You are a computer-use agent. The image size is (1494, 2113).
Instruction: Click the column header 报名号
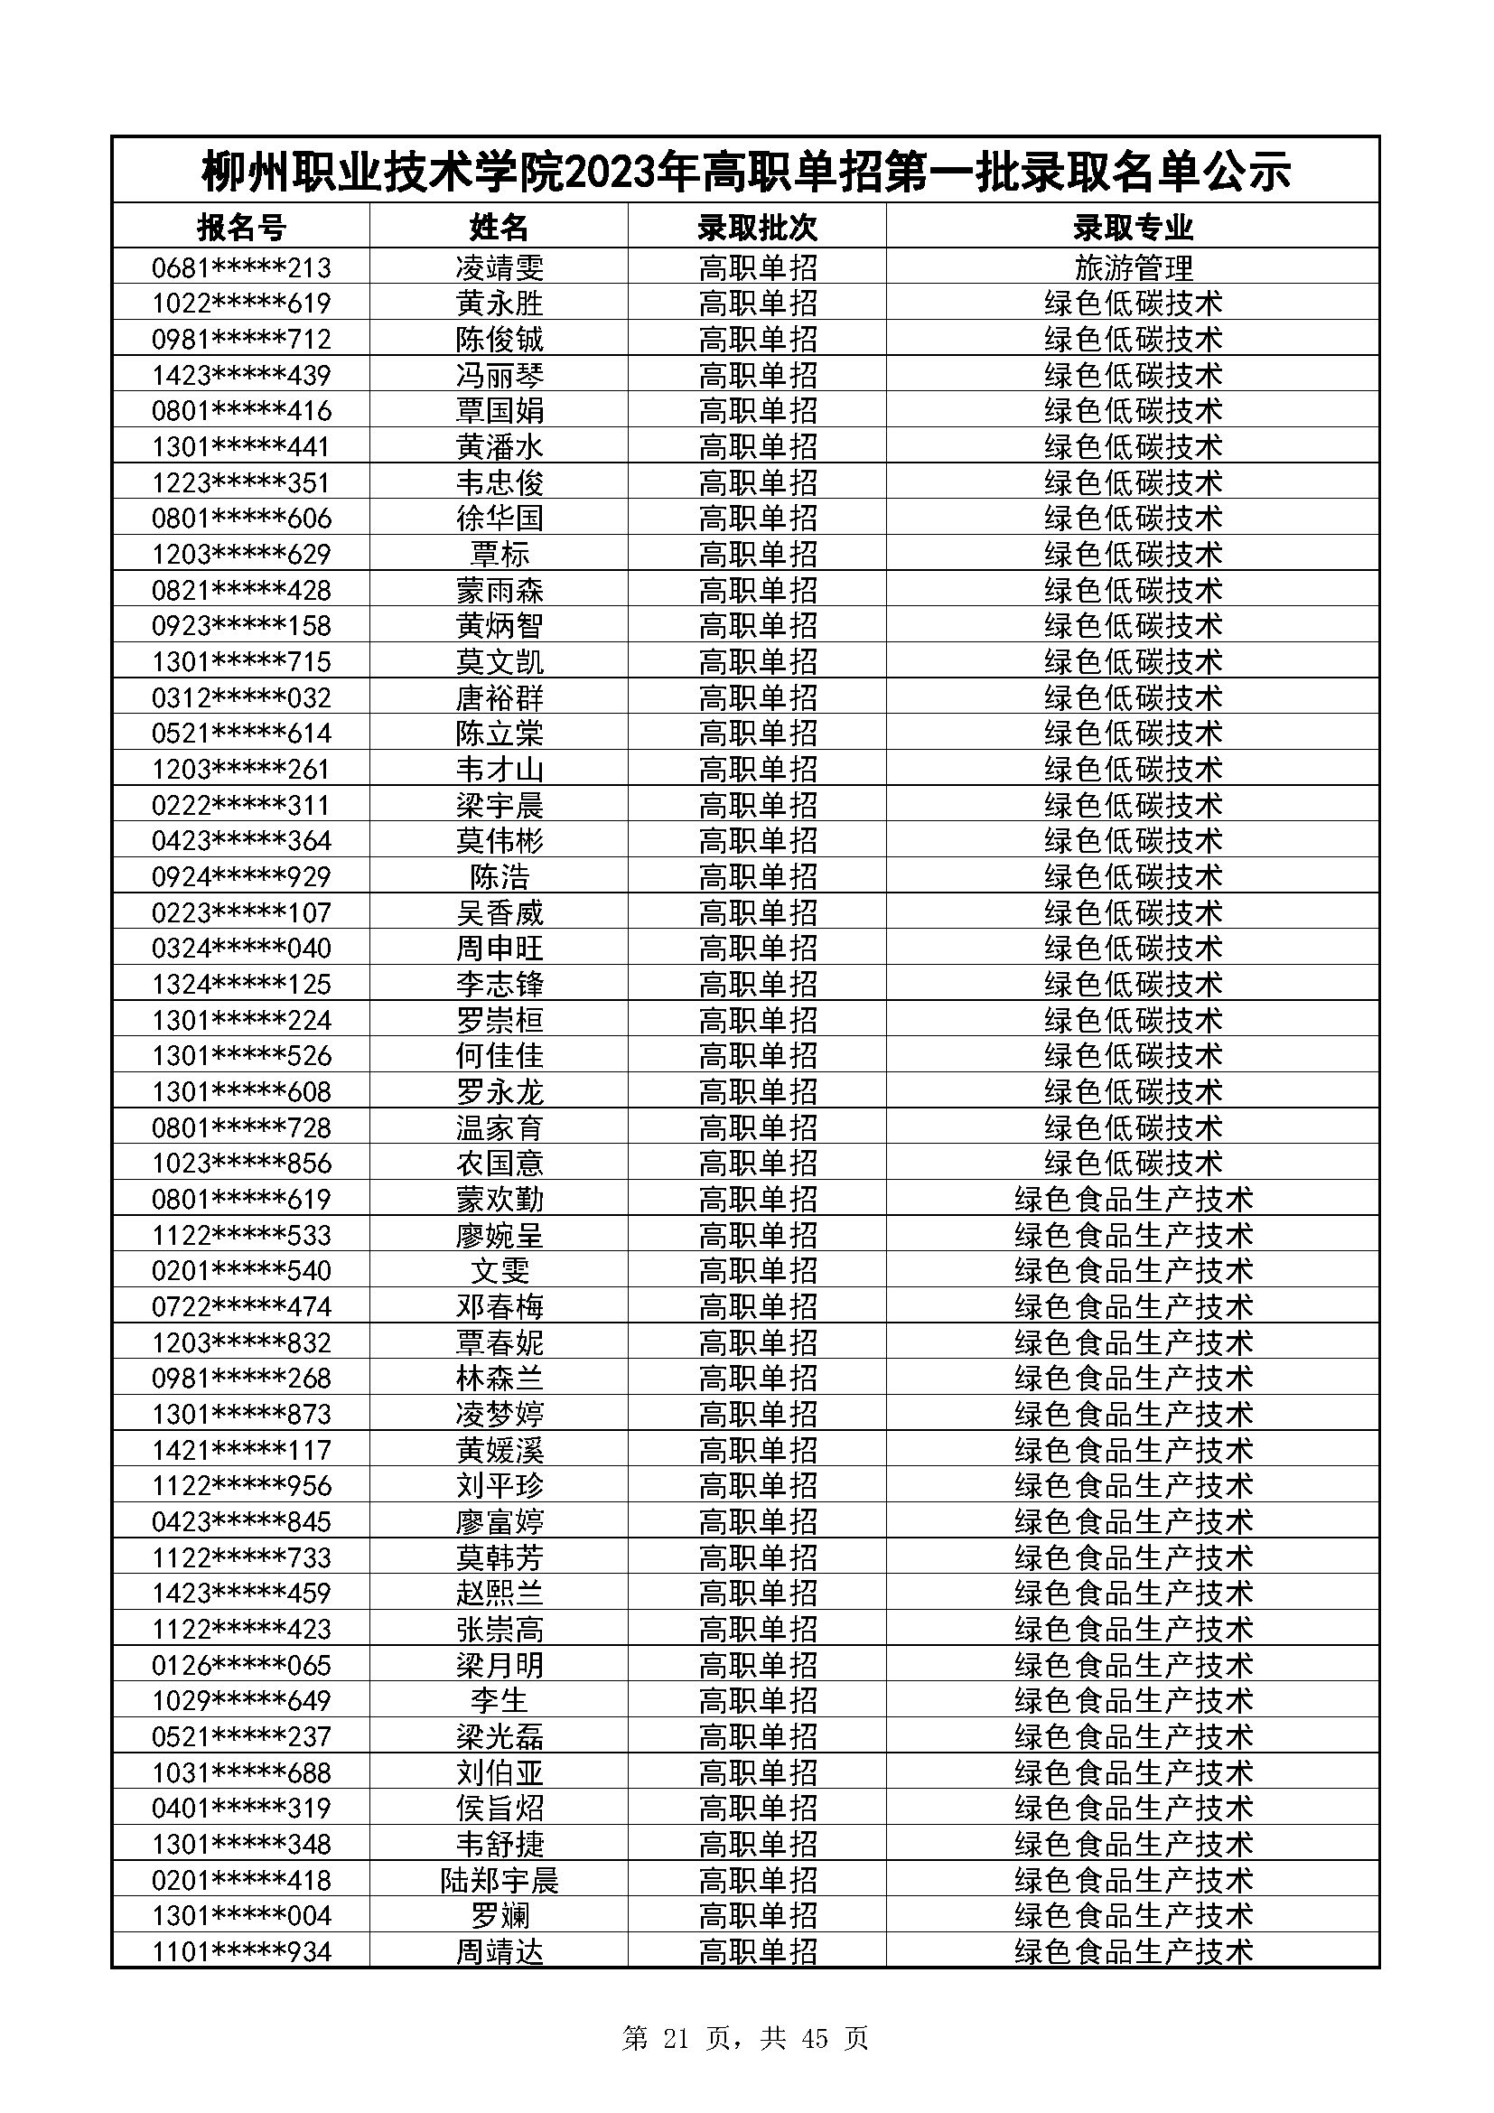tap(241, 227)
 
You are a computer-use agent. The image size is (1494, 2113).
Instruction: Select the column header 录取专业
tap(1133, 227)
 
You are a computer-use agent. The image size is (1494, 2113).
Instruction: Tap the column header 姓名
tap(499, 227)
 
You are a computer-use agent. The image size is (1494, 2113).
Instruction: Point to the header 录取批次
tap(757, 227)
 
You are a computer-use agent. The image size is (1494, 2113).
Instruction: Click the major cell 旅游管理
tap(1133, 267)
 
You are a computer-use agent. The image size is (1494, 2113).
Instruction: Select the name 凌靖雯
tap(500, 267)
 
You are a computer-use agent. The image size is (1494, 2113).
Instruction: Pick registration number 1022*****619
tap(241, 304)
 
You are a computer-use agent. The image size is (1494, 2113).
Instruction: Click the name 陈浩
tap(500, 877)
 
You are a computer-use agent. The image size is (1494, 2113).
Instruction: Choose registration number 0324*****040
tap(241, 948)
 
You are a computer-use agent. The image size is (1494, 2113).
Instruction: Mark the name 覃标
tap(500, 554)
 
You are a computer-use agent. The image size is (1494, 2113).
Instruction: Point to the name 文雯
tap(500, 1271)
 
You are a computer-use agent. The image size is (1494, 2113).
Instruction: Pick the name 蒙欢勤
tap(500, 1199)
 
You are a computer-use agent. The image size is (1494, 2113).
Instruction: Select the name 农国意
tap(500, 1164)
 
